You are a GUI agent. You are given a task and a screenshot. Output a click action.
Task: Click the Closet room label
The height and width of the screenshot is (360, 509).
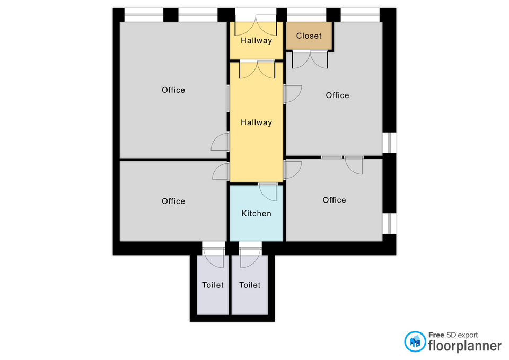pyautogui.click(x=309, y=36)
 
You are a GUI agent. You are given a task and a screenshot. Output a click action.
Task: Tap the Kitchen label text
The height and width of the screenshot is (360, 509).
pyautogui.click(x=256, y=213)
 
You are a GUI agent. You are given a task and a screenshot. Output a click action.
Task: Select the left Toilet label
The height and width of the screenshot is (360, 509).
pyautogui.click(x=213, y=285)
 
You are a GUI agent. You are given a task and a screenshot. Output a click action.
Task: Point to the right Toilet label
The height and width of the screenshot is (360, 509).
pyautogui.click(x=250, y=285)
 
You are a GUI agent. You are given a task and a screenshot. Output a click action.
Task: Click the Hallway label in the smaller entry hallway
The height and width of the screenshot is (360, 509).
pyautogui.click(x=256, y=41)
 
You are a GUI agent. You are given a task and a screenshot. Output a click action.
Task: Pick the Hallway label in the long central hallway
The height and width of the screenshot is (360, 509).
pyautogui.click(x=256, y=122)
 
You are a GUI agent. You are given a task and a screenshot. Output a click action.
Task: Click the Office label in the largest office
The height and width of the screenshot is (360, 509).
pyautogui.click(x=173, y=90)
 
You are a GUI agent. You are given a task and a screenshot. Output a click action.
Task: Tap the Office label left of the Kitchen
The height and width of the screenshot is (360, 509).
pyautogui.click(x=173, y=201)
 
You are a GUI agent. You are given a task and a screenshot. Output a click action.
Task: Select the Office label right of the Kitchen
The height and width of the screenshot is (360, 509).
pyautogui.click(x=334, y=200)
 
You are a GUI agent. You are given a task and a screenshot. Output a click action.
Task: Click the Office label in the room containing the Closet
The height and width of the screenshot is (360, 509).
pyautogui.click(x=337, y=95)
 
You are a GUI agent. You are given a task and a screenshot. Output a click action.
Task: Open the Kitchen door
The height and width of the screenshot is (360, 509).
pyautogui.click(x=268, y=192)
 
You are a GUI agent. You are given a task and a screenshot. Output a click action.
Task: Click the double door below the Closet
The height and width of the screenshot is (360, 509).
pyautogui.click(x=310, y=59)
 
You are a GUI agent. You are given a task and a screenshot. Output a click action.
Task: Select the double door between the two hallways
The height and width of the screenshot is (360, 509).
pyautogui.click(x=257, y=69)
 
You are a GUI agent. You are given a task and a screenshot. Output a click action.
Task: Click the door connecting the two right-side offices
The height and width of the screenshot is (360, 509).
pyautogui.click(x=354, y=165)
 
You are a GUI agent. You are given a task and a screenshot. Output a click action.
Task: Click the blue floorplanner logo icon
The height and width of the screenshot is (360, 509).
pyautogui.click(x=415, y=341)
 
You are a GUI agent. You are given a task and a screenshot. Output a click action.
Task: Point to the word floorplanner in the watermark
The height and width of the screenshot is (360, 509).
pyautogui.click(x=465, y=346)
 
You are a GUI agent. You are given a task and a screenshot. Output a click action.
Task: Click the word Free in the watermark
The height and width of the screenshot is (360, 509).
pyautogui.click(x=436, y=335)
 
